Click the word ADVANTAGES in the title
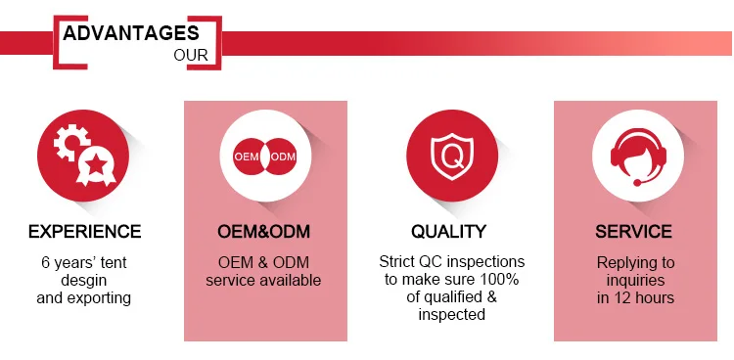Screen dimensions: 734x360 pos(130,33)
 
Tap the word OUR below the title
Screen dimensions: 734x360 pos(191,55)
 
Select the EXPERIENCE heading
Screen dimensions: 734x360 pos(85,231)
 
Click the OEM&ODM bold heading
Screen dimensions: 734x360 pos(263,231)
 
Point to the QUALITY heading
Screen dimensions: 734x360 pos(449,231)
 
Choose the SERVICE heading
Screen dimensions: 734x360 pos(633,231)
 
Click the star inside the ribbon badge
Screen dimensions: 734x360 pos(96,163)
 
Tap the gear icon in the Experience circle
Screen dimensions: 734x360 pos(71,142)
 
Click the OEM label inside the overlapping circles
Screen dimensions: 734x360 pos(248,157)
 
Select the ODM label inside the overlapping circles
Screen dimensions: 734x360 pos(283,157)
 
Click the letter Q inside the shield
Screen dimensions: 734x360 pos(452,157)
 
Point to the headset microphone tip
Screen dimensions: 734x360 pos(637,183)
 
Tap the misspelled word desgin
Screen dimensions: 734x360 pos(84,281)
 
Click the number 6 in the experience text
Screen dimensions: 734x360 pos(45,262)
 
